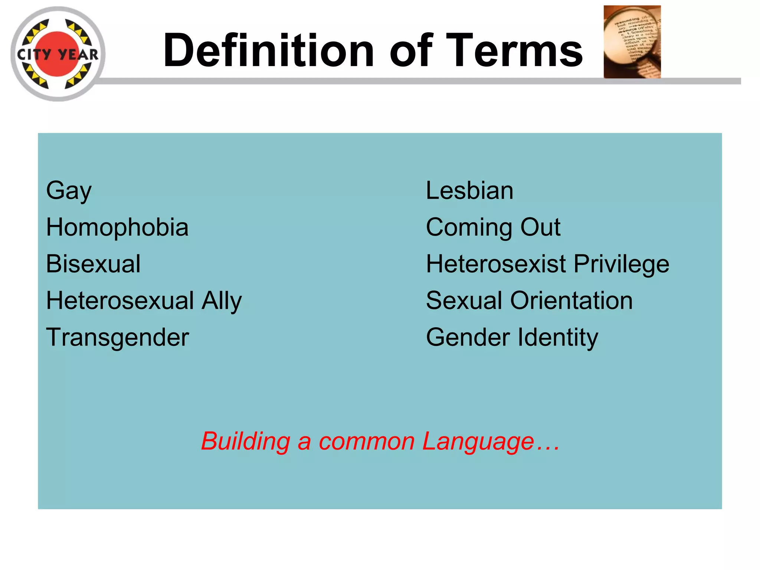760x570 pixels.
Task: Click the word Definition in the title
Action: (268, 51)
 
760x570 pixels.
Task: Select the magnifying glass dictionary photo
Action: (632, 42)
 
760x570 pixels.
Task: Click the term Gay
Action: (69, 191)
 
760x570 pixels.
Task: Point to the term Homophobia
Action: (117, 227)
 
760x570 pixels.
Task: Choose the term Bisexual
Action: (93, 264)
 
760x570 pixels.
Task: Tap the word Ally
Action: (222, 301)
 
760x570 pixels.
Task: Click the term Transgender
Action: (117, 338)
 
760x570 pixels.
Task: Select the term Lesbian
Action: (469, 191)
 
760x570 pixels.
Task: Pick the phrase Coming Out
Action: (493, 227)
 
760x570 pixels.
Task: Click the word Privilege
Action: (622, 264)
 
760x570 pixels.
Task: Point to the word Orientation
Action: (571, 301)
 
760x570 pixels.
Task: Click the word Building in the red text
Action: (245, 442)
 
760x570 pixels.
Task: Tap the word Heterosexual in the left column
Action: (120, 301)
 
